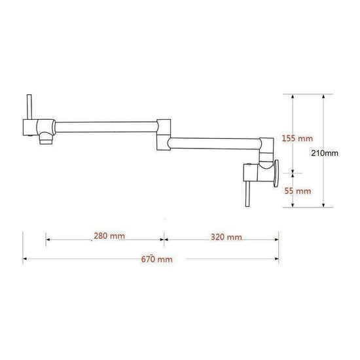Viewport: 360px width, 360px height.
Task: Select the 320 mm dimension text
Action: tap(225, 236)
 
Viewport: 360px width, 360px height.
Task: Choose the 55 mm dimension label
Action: tap(298, 191)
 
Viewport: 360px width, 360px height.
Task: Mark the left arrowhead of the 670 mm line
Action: tap(25, 259)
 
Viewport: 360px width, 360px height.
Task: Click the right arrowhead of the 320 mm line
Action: tap(278, 237)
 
